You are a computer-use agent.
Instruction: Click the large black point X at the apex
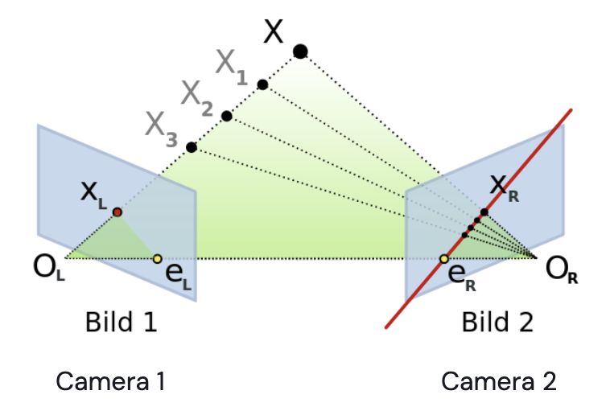click(x=300, y=52)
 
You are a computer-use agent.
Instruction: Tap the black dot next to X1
click(x=262, y=84)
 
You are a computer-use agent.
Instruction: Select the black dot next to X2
click(x=227, y=116)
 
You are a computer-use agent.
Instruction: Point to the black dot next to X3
click(x=192, y=147)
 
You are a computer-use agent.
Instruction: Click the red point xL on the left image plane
click(x=117, y=212)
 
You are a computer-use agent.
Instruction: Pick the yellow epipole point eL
click(x=158, y=258)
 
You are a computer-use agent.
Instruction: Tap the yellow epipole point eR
click(x=444, y=259)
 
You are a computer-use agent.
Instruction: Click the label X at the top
click(x=274, y=31)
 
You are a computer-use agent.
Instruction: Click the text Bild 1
click(x=121, y=323)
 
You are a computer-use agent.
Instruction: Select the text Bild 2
click(x=497, y=323)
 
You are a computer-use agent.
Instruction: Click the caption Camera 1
click(x=110, y=380)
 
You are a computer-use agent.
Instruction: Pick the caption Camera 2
click(x=499, y=380)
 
